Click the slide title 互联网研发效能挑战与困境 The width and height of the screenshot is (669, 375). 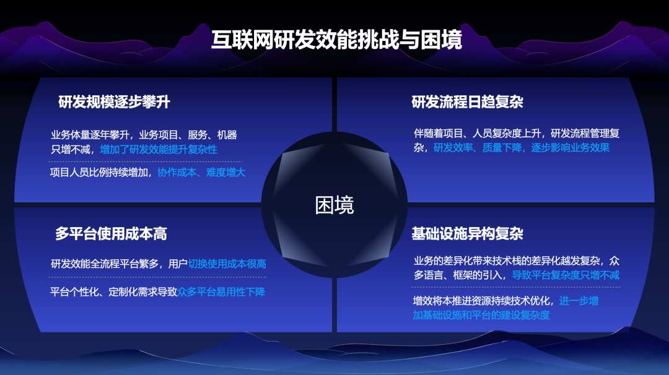coord(336,40)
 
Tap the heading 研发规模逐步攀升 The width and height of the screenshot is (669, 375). coord(115,102)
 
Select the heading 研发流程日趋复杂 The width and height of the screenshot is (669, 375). coord(468,102)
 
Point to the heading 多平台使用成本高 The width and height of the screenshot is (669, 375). coord(111,233)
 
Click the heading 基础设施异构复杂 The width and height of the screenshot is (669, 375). coord(468,233)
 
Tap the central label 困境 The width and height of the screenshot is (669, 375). coord(334,205)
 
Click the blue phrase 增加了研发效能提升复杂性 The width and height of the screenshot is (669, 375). coord(159,150)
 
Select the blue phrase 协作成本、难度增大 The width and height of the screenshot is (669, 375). coord(201,173)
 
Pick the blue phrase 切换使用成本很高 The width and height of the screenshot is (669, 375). coord(227,264)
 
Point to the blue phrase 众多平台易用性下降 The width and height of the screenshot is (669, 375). coord(221,292)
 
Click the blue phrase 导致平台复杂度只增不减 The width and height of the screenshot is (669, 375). coord(566,275)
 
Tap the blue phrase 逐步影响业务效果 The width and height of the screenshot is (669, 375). coord(571,148)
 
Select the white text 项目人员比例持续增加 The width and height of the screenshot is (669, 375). coord(99,173)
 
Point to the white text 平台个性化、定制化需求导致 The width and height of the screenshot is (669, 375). coord(113,292)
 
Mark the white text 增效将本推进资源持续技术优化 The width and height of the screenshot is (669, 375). coord(481,301)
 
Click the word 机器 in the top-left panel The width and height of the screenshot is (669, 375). coord(227,135)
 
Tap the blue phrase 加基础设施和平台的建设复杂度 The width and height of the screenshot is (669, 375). coord(481,316)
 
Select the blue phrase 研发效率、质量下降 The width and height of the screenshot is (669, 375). coord(478,148)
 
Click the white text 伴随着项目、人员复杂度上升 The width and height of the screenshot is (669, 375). coord(478,134)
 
